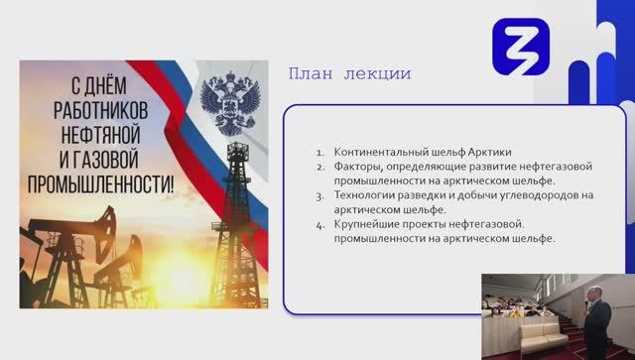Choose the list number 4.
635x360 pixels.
click(x=319, y=225)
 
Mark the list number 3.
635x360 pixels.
click(x=319, y=196)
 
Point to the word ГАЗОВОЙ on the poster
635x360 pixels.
click(x=109, y=159)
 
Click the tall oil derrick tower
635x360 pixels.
click(x=237, y=208)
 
